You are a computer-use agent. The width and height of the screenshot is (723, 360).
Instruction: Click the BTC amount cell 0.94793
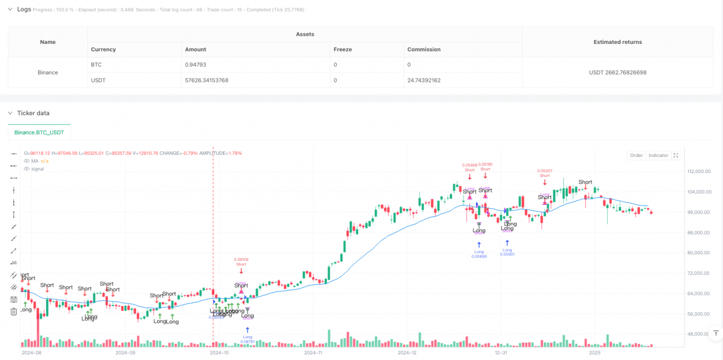[x=195, y=65]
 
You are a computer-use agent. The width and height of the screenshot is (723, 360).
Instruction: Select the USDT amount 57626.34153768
[x=206, y=80]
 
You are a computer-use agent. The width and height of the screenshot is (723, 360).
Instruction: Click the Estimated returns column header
[x=617, y=42]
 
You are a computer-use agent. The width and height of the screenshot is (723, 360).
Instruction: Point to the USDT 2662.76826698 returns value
[x=617, y=72]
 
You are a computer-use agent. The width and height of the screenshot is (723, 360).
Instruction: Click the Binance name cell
[x=48, y=72]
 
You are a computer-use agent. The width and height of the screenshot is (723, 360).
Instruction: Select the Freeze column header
[x=342, y=50]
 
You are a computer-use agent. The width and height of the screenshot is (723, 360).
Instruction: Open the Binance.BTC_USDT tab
[x=39, y=132]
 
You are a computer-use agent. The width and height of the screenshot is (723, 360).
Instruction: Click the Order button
[x=636, y=155]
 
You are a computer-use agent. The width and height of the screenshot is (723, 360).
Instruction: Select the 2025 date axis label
[x=595, y=352]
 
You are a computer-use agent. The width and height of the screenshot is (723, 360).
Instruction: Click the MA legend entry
[x=34, y=161]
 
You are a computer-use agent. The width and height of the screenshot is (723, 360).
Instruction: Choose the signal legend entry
[x=37, y=169]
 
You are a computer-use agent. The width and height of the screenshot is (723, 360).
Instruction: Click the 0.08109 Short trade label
[x=241, y=262]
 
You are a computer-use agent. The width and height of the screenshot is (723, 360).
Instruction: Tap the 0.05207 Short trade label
[x=544, y=172]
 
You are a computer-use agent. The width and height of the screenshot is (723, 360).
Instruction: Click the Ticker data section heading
[x=33, y=113]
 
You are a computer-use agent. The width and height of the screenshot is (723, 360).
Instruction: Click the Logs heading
[x=24, y=9]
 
